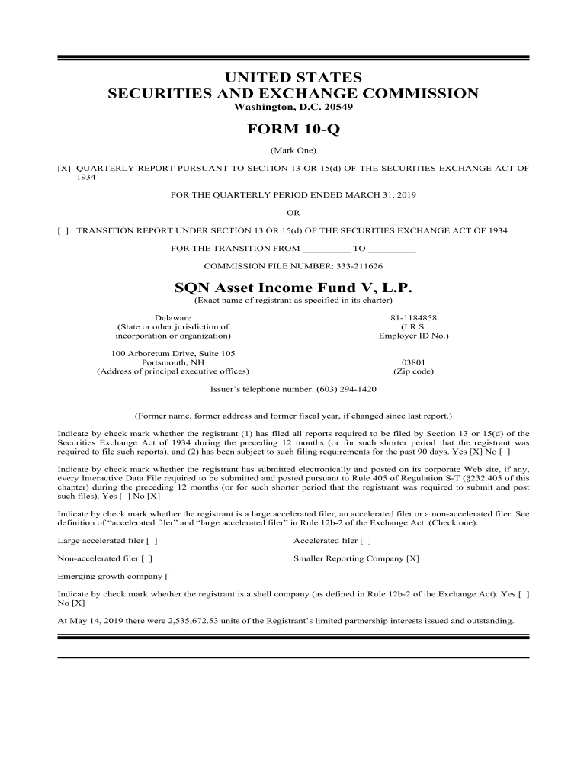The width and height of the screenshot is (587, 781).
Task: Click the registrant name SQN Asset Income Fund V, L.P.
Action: (x=293, y=288)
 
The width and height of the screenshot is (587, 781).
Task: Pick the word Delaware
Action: (x=173, y=317)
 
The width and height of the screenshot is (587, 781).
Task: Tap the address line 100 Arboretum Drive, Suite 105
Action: (x=173, y=353)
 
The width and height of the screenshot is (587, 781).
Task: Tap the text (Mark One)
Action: (x=293, y=149)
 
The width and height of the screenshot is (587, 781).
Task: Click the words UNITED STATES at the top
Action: (x=293, y=78)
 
